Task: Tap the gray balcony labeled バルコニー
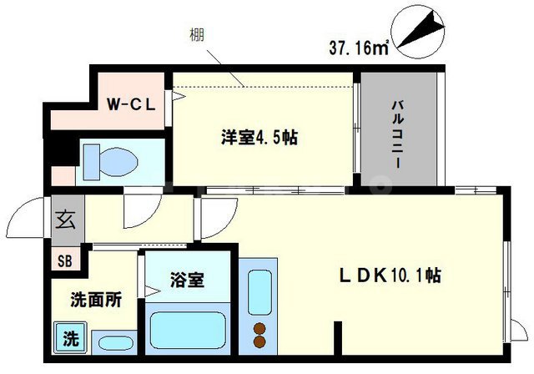tap(399, 133)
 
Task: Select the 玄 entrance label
tap(64, 221)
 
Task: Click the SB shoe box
tap(64, 259)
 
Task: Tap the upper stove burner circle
tap(259, 327)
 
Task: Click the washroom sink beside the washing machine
tap(109, 342)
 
